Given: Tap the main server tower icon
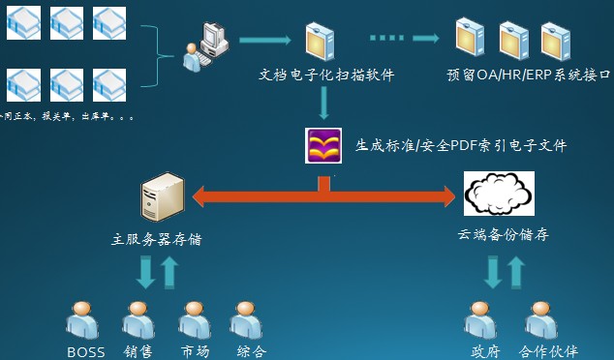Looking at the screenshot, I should [x=161, y=196].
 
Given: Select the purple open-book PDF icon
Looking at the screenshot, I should [x=323, y=146].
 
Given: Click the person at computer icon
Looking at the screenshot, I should [x=205, y=45].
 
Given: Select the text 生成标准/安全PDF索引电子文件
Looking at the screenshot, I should [x=461, y=146].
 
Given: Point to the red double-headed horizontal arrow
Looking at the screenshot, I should [x=323, y=196].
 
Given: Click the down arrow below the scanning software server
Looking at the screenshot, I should [x=323, y=100].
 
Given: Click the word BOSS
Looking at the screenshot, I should [x=85, y=351].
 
